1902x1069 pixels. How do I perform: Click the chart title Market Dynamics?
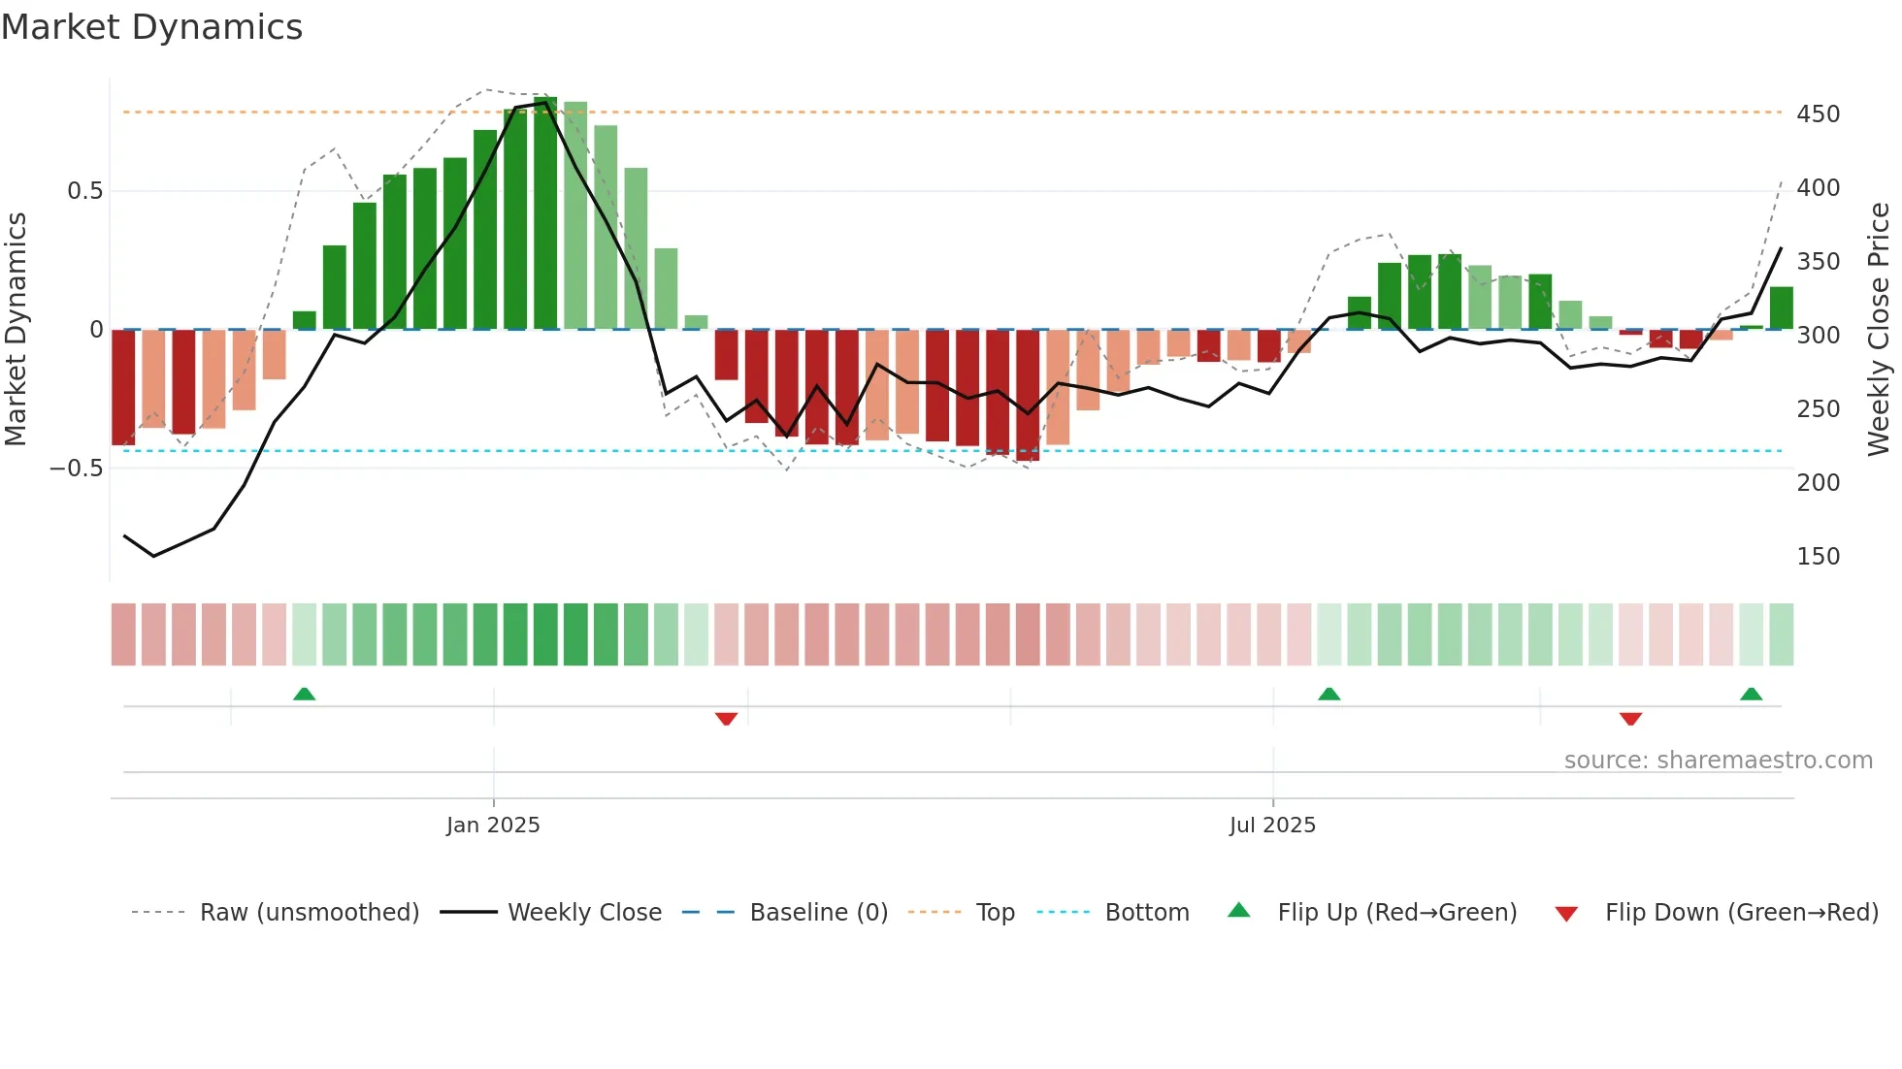pyautogui.click(x=152, y=27)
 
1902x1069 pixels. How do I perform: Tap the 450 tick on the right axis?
pyautogui.click(x=1818, y=114)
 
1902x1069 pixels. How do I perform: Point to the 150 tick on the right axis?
pyautogui.click(x=1818, y=557)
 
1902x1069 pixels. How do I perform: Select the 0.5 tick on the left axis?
pyautogui.click(x=84, y=191)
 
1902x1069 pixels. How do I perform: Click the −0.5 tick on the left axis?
pyautogui.click(x=77, y=469)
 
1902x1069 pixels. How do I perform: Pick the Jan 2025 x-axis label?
pyautogui.click(x=493, y=826)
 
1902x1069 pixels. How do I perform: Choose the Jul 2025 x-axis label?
pyautogui.click(x=1272, y=826)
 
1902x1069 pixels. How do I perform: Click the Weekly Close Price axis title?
pyautogui.click(x=1879, y=330)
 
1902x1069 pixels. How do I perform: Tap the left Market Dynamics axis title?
pyautogui.click(x=16, y=330)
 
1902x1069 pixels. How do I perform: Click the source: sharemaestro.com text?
pyautogui.click(x=1718, y=761)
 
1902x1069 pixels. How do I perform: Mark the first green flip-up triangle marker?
pyautogui.click(x=305, y=694)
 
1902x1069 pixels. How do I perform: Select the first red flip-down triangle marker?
pyautogui.click(x=726, y=719)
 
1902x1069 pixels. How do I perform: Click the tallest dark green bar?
pyautogui.click(x=545, y=213)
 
